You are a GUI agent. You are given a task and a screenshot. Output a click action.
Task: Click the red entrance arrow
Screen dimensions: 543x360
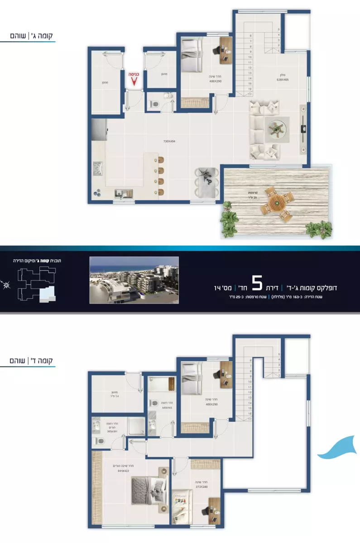point(134,81)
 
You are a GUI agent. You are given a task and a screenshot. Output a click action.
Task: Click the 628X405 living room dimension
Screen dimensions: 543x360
point(283,80)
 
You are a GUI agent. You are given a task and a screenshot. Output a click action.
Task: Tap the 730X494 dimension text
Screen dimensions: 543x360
point(169,141)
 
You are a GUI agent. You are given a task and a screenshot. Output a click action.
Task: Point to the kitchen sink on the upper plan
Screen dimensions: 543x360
point(121,194)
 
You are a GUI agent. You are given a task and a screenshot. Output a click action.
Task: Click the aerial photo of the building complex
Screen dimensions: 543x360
point(134,280)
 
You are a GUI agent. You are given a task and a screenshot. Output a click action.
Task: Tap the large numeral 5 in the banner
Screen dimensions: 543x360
point(257,284)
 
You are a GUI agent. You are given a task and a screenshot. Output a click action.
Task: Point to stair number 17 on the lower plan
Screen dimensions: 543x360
point(250,419)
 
